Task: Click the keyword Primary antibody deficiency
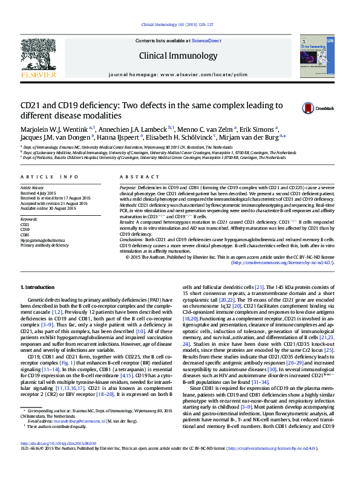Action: tap(45, 246)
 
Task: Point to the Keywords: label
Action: tap(29, 219)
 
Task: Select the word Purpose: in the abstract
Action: tap(128, 188)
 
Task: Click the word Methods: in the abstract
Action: tap(128, 205)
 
